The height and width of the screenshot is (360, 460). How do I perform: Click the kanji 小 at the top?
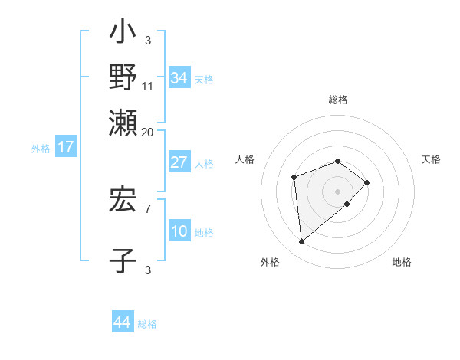point(123,34)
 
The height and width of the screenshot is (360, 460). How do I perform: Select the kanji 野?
point(123,77)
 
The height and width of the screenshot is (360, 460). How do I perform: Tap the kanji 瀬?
point(123,120)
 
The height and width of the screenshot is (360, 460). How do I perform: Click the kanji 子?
point(123,260)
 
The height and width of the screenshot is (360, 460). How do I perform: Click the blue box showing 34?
point(179,77)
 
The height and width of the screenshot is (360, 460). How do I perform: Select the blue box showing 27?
point(179,162)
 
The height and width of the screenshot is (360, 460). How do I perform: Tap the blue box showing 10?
point(179,231)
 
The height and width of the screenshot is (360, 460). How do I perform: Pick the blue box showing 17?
point(65,147)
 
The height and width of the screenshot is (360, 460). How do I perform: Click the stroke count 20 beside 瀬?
point(147,132)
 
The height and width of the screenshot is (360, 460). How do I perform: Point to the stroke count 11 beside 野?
point(148,87)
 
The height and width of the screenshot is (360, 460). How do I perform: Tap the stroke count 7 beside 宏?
point(147,207)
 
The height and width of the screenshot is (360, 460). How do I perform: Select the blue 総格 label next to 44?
point(147,324)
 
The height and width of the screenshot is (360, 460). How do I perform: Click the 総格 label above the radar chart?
point(338,100)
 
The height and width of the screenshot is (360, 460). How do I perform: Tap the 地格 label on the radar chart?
point(402,262)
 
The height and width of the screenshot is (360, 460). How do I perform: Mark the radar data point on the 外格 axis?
point(302,242)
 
